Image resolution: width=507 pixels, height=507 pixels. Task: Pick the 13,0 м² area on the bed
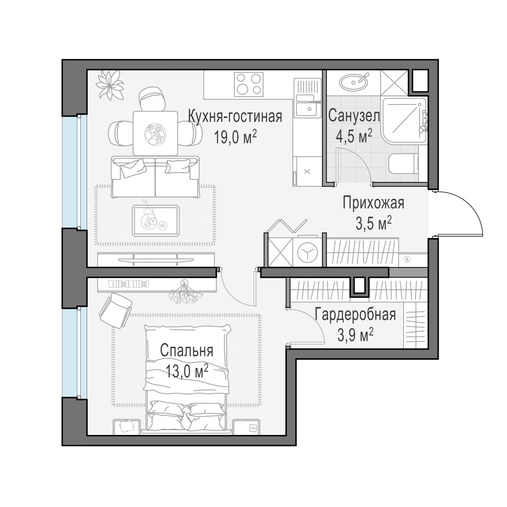(187, 371)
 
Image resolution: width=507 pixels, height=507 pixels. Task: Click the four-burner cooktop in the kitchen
(249, 84)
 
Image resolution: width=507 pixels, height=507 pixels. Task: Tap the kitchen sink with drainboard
(307, 98)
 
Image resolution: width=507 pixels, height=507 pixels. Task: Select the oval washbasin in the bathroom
(353, 82)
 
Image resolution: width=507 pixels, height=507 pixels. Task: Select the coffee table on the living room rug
(156, 221)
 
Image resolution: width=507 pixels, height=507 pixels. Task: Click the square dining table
(155, 133)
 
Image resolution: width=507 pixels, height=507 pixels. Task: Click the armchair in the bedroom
(115, 310)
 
